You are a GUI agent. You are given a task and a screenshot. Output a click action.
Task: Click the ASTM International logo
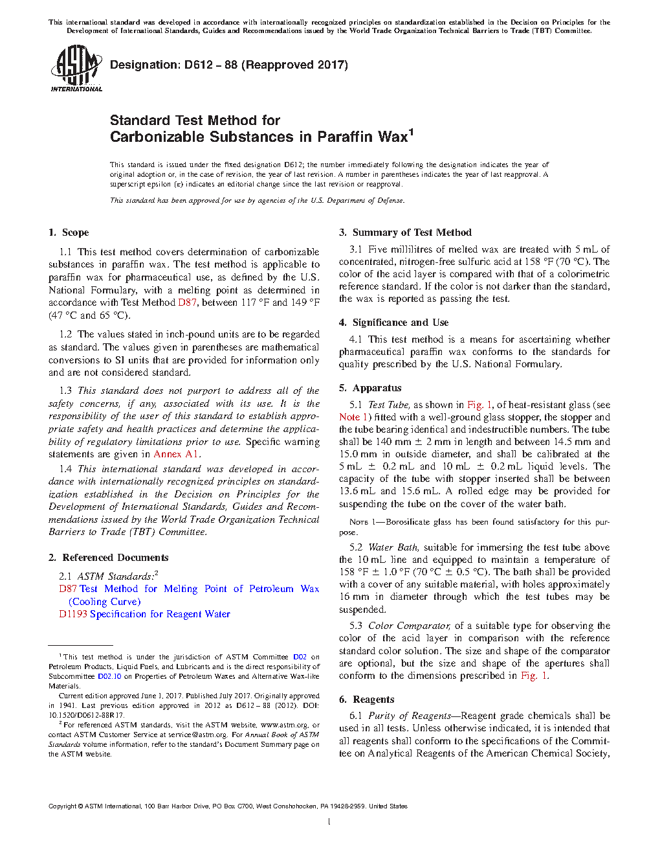76,68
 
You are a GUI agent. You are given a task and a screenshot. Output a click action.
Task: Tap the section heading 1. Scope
69,233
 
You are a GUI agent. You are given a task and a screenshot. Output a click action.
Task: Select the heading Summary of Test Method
412,233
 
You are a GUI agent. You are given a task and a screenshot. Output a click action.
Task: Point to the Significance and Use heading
400,323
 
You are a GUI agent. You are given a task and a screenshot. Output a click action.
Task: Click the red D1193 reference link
73,614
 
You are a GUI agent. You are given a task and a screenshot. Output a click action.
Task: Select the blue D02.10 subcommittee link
109,676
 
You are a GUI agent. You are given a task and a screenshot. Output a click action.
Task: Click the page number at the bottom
329,822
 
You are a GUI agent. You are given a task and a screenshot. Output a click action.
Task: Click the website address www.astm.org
283,725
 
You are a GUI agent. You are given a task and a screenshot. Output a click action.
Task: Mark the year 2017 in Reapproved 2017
331,65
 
